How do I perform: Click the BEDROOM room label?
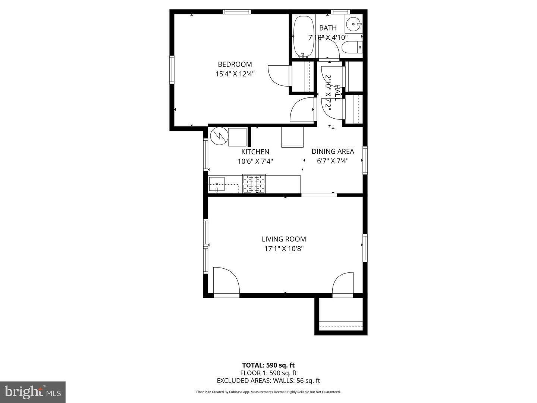[235, 64]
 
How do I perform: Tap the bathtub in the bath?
[303, 36]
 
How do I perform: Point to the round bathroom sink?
[354, 24]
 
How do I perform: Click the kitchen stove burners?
[254, 184]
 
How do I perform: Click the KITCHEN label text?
[255, 152]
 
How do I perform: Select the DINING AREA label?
[333, 151]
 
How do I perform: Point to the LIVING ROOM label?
[284, 239]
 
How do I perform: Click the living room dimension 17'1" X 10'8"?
[284, 249]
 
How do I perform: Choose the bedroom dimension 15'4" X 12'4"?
[235, 74]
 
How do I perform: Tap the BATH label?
[328, 28]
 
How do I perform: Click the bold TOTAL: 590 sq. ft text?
[268, 365]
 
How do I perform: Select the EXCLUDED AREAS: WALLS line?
[268, 381]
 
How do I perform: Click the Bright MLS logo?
[33, 392]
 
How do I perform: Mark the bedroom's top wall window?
[237, 12]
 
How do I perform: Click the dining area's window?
[365, 160]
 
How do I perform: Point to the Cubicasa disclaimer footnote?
[268, 392]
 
